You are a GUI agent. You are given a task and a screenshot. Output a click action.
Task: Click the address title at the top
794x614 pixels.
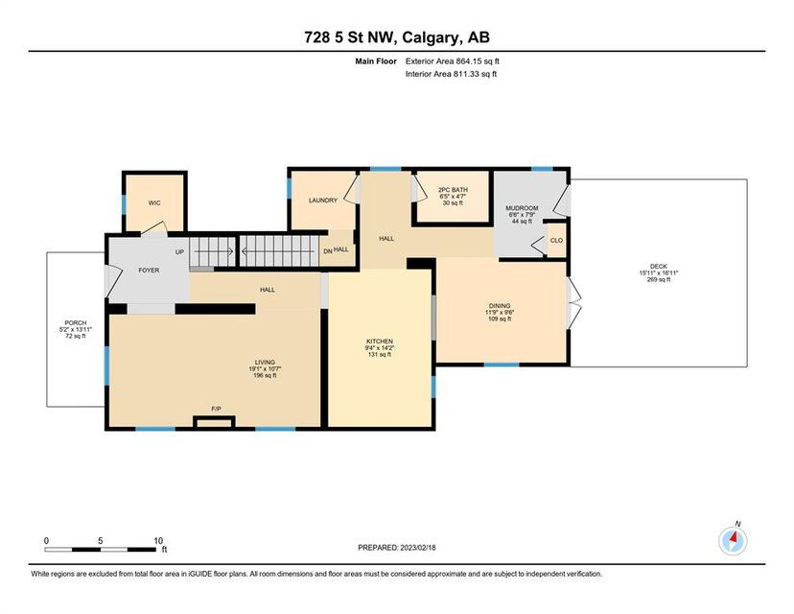[x=397, y=37]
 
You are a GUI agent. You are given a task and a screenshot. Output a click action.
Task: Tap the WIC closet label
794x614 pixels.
[x=154, y=203]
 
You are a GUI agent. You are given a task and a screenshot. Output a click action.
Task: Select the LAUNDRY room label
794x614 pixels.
[x=323, y=201]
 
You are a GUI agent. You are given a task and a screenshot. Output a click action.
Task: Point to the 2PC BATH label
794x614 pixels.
[x=453, y=190]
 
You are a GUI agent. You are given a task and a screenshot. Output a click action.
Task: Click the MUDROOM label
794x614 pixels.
[x=522, y=208]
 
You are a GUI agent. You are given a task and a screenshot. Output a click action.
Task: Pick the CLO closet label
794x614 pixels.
[x=556, y=241]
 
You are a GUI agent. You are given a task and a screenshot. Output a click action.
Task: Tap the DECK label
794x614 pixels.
[x=659, y=267]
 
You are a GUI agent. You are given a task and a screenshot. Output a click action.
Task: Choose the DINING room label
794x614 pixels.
[x=500, y=306]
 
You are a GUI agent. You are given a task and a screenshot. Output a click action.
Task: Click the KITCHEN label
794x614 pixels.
[x=380, y=342]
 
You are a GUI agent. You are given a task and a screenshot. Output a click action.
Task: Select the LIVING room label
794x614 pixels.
[x=265, y=363]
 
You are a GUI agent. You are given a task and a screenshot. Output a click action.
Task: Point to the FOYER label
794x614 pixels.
[x=149, y=271]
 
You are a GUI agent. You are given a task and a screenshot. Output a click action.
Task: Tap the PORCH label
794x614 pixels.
[x=76, y=322]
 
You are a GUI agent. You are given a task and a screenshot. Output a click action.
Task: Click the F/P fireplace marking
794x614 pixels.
[x=216, y=409]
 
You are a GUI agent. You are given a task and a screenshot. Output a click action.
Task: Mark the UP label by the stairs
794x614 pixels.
[x=179, y=252]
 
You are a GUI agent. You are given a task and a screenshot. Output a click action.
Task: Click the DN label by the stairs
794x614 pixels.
[x=328, y=251]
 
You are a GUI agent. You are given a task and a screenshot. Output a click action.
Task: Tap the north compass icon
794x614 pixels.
[x=733, y=541]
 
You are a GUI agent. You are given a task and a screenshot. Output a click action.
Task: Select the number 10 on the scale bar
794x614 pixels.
[x=158, y=541]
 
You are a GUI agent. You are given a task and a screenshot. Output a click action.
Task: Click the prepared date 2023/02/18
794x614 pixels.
[x=418, y=548]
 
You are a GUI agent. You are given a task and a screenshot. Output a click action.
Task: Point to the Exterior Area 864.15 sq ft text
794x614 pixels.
[x=453, y=61]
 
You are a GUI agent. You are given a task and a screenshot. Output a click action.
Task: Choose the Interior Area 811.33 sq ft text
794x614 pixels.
[x=452, y=74]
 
